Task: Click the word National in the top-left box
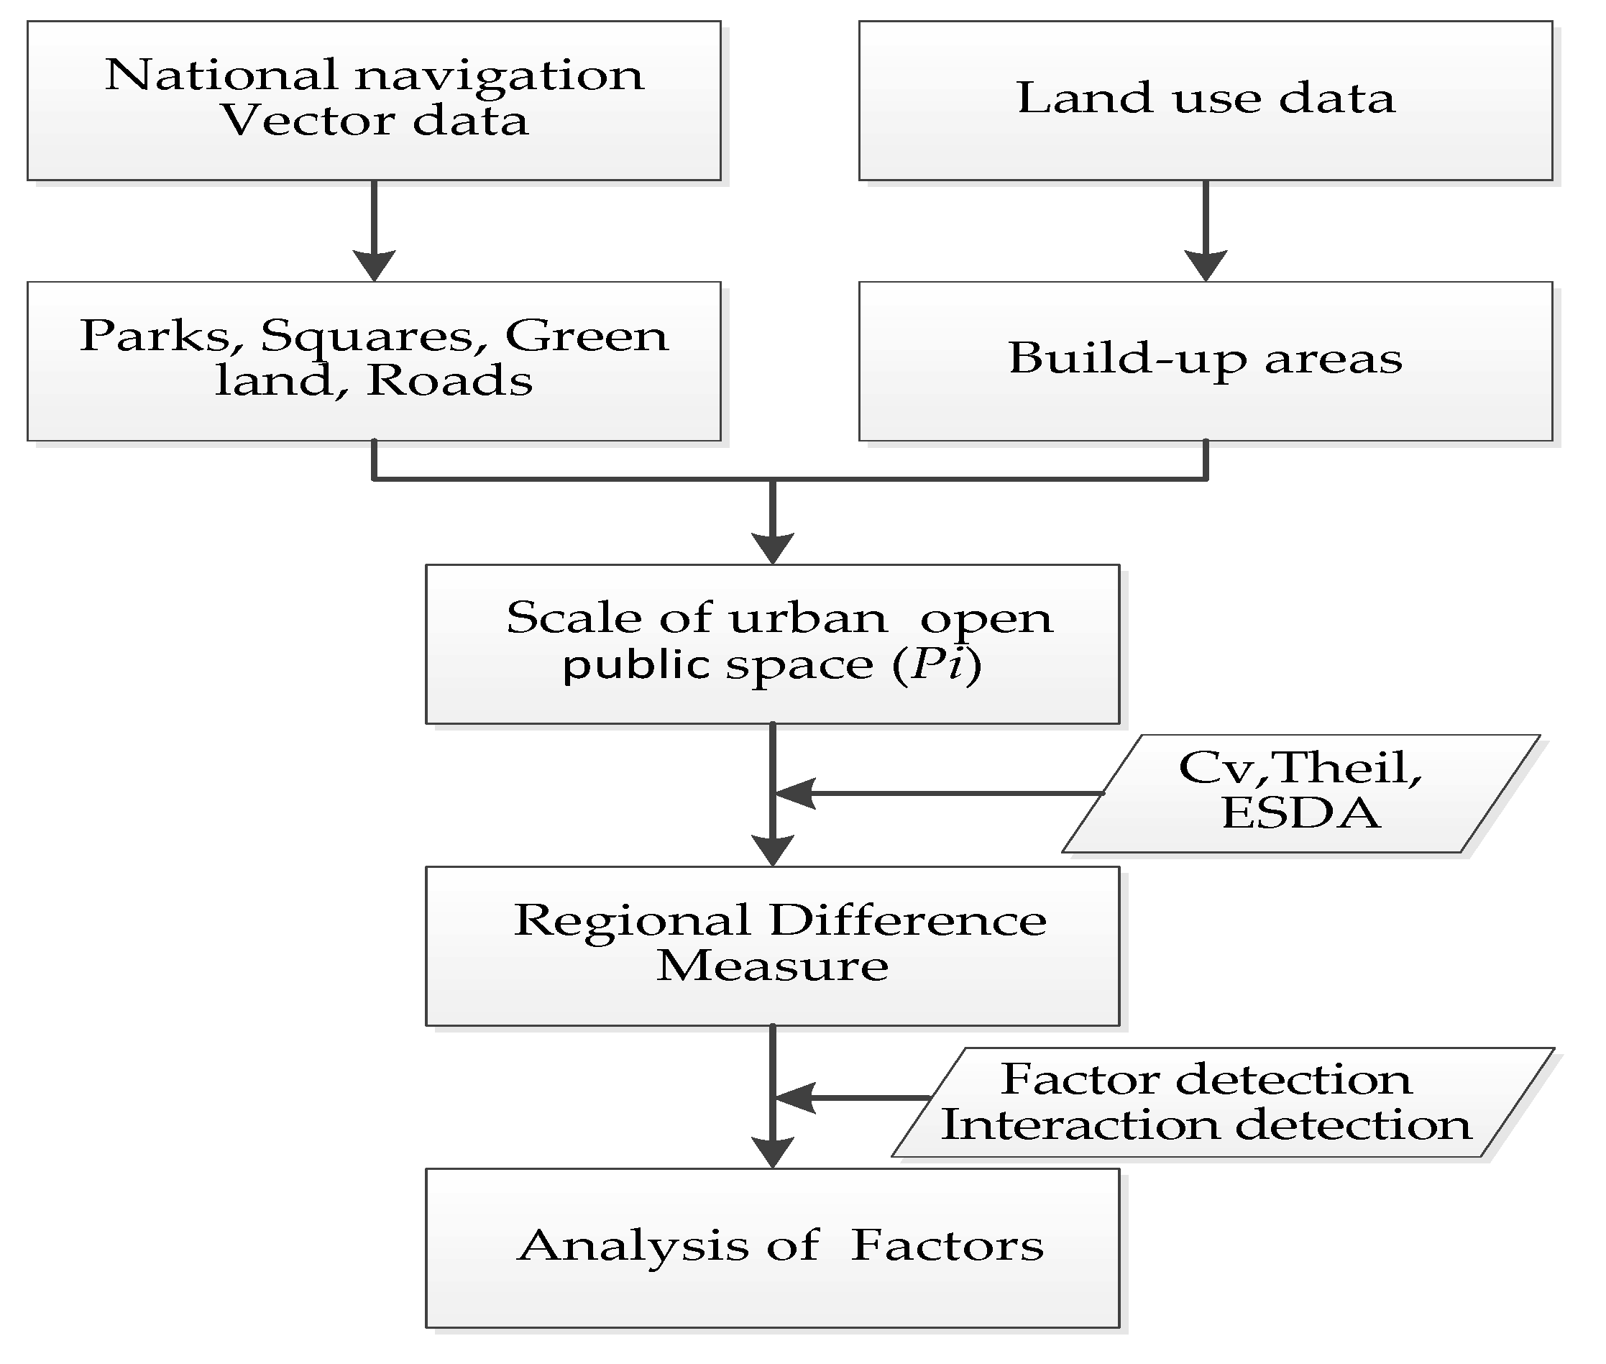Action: click(x=221, y=75)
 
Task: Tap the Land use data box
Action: click(x=1206, y=101)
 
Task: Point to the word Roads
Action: click(x=449, y=380)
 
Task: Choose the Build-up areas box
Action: click(x=1206, y=361)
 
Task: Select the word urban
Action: click(x=808, y=618)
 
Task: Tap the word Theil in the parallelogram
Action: click(x=1344, y=768)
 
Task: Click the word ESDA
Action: click(x=1301, y=813)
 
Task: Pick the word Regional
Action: click(x=632, y=920)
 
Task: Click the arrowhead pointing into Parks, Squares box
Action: click(x=375, y=265)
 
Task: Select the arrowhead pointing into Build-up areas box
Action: click(x=1206, y=265)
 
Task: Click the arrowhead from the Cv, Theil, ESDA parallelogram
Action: click(x=794, y=793)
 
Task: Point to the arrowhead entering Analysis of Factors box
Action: click(x=773, y=1152)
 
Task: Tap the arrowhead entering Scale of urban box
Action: click(x=773, y=548)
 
